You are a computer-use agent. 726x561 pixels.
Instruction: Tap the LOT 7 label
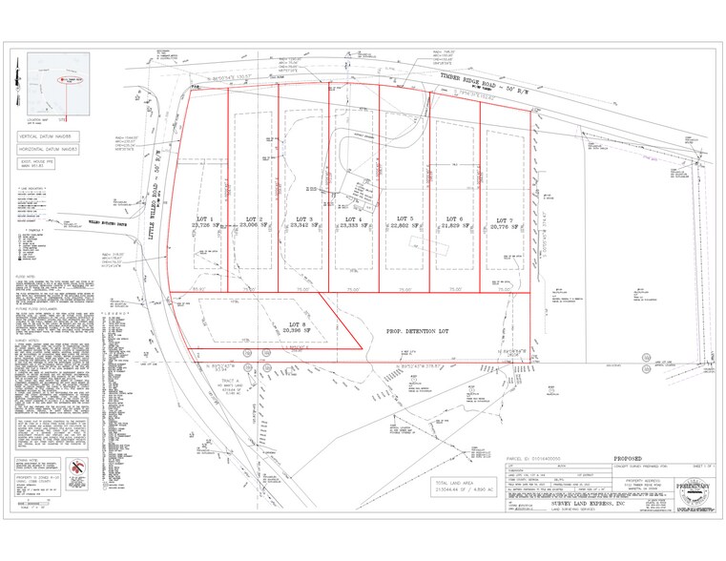coord(503,218)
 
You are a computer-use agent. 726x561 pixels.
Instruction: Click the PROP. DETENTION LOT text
coord(419,331)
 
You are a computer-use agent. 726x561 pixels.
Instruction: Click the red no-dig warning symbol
coord(80,467)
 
